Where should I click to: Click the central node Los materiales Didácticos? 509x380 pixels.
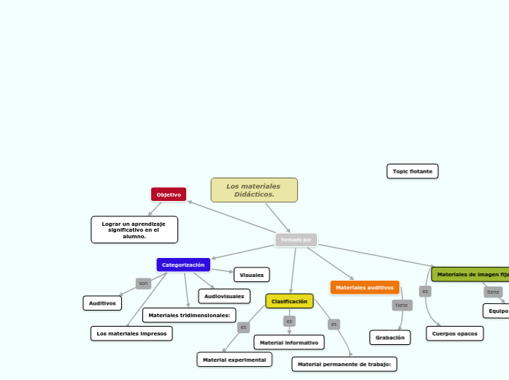254,190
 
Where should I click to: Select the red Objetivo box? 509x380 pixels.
169,194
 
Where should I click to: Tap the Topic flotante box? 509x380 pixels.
413,171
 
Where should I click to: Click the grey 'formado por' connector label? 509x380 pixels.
296,240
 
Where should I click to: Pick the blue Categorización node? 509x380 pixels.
183,265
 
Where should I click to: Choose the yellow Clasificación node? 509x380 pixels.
289,301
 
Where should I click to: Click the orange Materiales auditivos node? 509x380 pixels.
364,287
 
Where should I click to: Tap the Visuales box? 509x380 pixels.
252,275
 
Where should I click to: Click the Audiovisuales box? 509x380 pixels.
224,296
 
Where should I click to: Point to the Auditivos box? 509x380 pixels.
102,303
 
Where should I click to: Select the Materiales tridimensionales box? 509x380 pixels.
189,315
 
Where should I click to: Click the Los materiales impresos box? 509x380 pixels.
132,333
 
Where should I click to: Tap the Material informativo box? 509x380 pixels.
289,342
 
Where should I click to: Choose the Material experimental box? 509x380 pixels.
234,360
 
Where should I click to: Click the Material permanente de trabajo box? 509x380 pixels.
345,364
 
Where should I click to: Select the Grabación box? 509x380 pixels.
390,338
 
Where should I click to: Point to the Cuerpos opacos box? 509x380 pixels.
455,333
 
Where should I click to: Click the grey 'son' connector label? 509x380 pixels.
143,283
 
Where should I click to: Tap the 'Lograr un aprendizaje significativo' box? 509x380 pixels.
134,229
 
